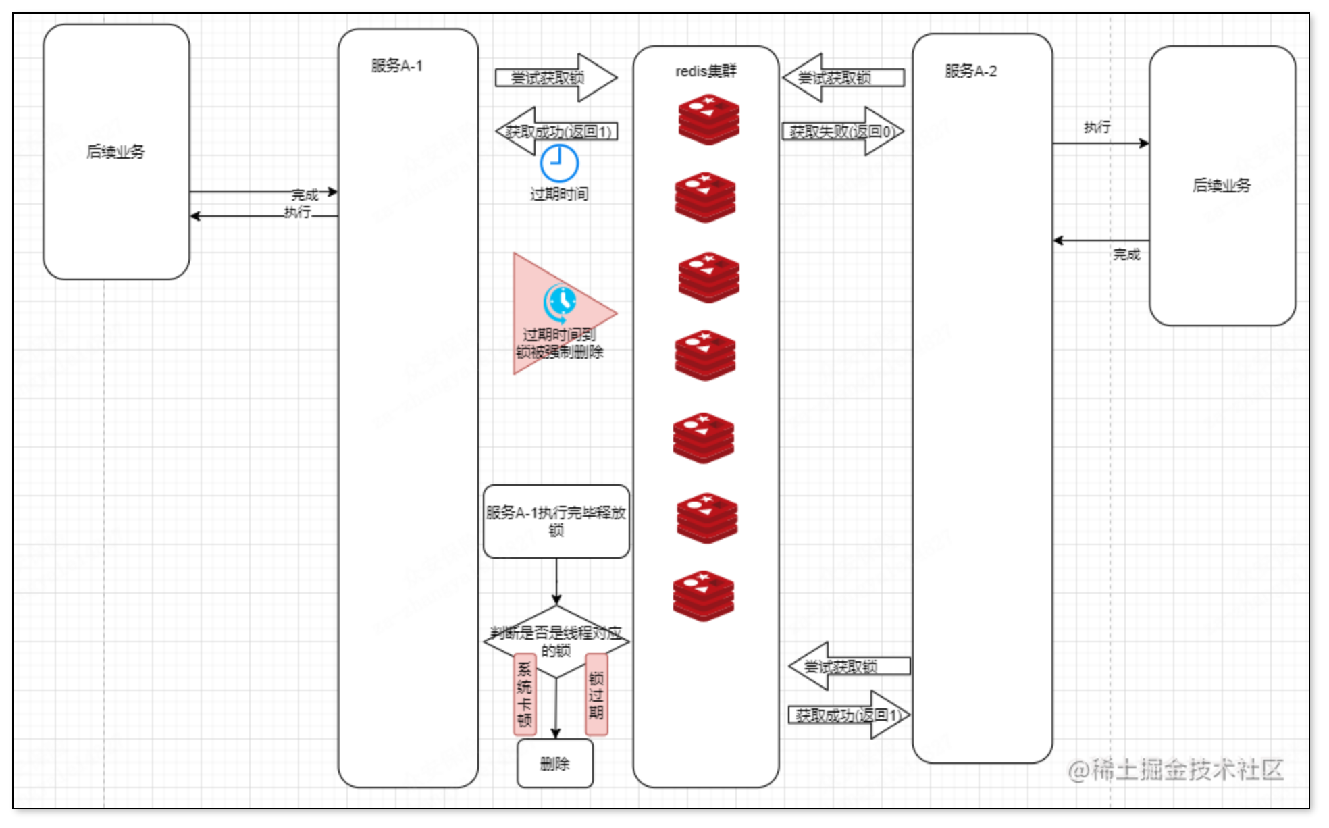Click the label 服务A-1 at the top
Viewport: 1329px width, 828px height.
click(x=396, y=66)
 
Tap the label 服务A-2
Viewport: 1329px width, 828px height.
click(x=970, y=71)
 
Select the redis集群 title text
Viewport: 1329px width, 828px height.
click(x=706, y=71)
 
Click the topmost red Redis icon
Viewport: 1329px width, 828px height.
click(x=708, y=120)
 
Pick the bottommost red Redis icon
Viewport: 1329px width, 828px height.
click(x=703, y=596)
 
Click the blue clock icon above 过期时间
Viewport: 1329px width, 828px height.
click(x=559, y=163)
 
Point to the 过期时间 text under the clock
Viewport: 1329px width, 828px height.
click(x=559, y=195)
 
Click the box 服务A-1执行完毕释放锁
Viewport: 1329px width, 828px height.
click(x=556, y=521)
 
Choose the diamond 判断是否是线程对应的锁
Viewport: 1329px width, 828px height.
click(x=556, y=641)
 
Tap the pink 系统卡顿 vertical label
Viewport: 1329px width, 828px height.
click(x=525, y=694)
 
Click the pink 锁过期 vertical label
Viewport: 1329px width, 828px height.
click(x=596, y=694)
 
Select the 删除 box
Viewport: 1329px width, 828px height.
click(x=555, y=763)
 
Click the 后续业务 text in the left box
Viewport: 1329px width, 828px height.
click(x=115, y=151)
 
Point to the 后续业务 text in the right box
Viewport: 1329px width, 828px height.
click(x=1222, y=185)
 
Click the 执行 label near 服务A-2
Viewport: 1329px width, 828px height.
click(x=1097, y=127)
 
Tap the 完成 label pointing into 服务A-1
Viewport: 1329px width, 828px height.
click(x=305, y=195)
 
